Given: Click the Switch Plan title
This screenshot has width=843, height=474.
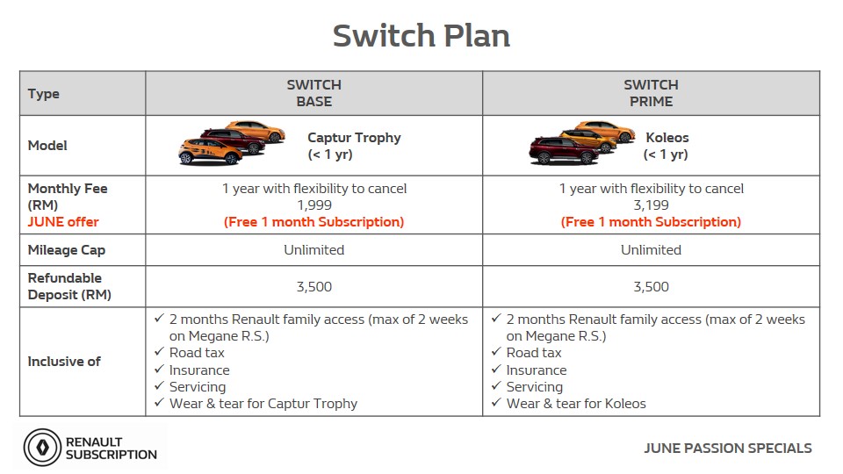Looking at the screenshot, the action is click(421, 36).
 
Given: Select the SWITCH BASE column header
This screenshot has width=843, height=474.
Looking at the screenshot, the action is click(314, 93).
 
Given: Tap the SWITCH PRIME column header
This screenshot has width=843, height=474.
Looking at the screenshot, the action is click(651, 93).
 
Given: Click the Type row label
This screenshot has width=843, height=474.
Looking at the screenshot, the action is click(44, 94).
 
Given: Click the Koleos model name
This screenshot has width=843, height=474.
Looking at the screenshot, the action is click(667, 138).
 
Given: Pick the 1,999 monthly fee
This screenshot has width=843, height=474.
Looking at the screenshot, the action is click(314, 205).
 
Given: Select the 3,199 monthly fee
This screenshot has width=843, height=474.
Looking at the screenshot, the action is click(651, 205).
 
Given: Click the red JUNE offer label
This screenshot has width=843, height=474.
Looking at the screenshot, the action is click(63, 222).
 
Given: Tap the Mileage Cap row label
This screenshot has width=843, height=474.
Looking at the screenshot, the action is click(67, 250).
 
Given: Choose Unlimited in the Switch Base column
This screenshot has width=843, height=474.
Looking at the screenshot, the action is click(314, 250).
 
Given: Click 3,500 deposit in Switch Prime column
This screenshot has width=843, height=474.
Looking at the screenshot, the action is click(651, 287).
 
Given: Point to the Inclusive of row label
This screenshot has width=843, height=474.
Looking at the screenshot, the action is click(64, 362).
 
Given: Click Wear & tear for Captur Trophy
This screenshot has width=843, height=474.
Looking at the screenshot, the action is click(263, 404).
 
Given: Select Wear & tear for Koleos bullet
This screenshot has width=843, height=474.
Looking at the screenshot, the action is click(576, 404).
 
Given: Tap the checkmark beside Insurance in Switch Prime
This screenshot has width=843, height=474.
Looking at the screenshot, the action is click(496, 370).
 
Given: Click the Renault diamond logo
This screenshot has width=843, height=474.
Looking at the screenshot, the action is click(42, 447).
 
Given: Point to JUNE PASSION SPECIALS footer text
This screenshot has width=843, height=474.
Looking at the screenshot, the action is click(728, 449).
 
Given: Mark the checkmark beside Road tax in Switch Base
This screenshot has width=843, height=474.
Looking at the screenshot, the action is click(159, 351).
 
